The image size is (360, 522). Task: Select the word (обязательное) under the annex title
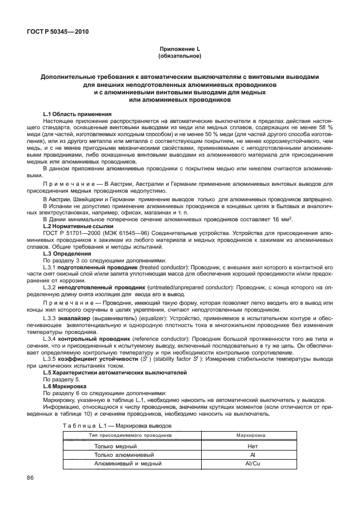[180, 57]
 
